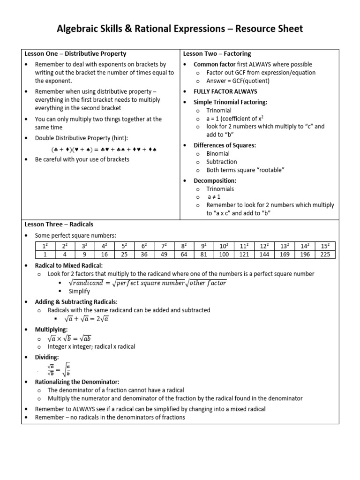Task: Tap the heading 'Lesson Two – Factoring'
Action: (217, 54)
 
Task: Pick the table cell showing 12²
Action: (264, 246)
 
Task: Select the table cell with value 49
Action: (164, 255)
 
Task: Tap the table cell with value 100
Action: (224, 255)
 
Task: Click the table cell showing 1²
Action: (45, 246)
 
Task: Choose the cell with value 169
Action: (285, 255)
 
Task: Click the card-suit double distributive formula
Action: (104, 150)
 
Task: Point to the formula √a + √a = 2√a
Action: (89, 319)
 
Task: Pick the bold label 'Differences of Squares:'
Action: (225, 145)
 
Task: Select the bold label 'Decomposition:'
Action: (215, 180)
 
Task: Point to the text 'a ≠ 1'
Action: (214, 197)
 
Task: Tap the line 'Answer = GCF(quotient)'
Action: (238, 81)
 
